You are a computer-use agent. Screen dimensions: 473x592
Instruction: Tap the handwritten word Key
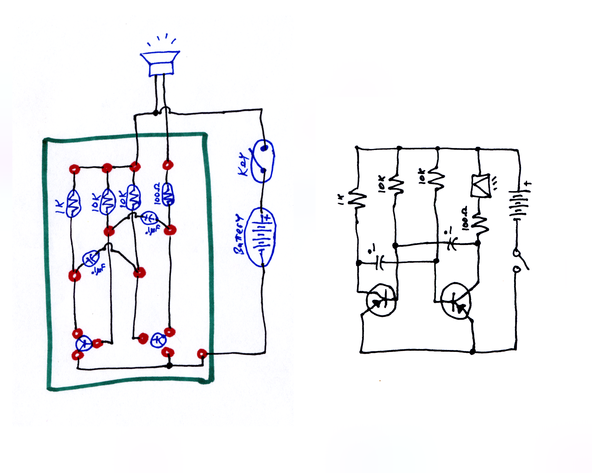point(244,164)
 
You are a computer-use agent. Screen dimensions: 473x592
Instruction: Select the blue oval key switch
point(263,161)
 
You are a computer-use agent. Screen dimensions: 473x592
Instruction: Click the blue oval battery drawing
point(261,237)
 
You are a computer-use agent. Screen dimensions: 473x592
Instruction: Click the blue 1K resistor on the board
point(74,203)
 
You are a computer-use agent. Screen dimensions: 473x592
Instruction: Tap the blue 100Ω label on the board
point(157,193)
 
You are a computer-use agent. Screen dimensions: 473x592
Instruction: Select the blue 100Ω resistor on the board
point(168,194)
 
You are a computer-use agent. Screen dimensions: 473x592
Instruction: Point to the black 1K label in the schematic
point(341,200)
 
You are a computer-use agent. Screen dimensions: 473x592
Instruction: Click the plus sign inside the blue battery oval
point(267,218)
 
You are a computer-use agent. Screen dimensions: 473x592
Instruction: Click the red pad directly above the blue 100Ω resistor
point(168,165)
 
